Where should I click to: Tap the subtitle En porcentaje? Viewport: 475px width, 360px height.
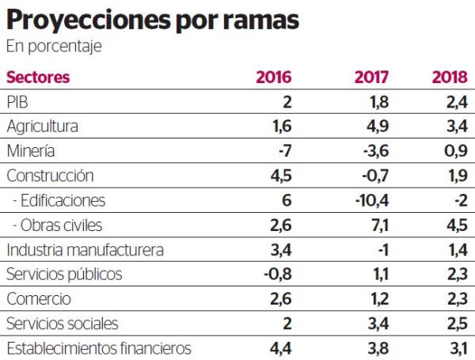pyautogui.click(x=54, y=47)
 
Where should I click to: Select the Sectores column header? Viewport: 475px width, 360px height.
pyautogui.click(x=38, y=78)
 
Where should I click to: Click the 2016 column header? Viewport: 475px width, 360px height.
pyautogui.click(x=274, y=78)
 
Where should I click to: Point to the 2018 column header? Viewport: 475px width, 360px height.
pyautogui.click(x=449, y=78)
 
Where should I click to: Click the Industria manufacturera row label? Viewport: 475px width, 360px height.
pyautogui.click(x=85, y=251)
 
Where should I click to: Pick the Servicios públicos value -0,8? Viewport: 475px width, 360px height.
pyautogui.click(x=278, y=275)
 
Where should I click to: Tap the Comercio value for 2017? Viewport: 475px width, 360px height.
pyautogui.click(x=378, y=300)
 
